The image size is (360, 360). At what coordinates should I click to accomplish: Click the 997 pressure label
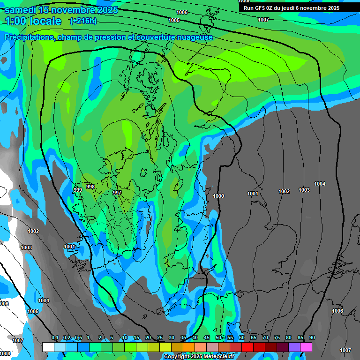click(x=117, y=193)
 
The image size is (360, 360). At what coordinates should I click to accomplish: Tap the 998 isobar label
click(x=90, y=187)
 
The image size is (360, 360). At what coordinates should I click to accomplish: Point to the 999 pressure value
click(x=78, y=189)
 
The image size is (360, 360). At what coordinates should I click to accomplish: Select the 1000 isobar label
click(x=218, y=196)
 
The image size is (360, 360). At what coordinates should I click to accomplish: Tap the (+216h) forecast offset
click(x=83, y=21)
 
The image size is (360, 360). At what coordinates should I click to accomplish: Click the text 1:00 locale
click(x=33, y=21)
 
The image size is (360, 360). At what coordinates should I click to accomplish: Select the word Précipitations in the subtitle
click(x=30, y=37)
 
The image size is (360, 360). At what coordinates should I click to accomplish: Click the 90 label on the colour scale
click(x=312, y=338)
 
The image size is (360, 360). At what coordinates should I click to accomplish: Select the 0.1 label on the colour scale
click(x=55, y=338)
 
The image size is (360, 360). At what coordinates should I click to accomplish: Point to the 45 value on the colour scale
click(x=207, y=338)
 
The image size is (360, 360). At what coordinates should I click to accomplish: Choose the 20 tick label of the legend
click(x=148, y=338)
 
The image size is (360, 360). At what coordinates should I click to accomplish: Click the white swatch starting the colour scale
click(x=48, y=347)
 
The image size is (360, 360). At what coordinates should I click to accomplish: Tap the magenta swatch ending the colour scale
click(x=306, y=347)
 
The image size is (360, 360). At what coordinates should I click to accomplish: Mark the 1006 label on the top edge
click(x=182, y=12)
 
